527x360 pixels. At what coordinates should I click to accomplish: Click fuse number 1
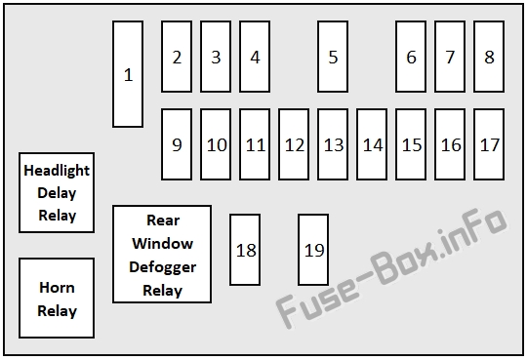128,74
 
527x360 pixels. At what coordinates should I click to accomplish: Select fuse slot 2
177,57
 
